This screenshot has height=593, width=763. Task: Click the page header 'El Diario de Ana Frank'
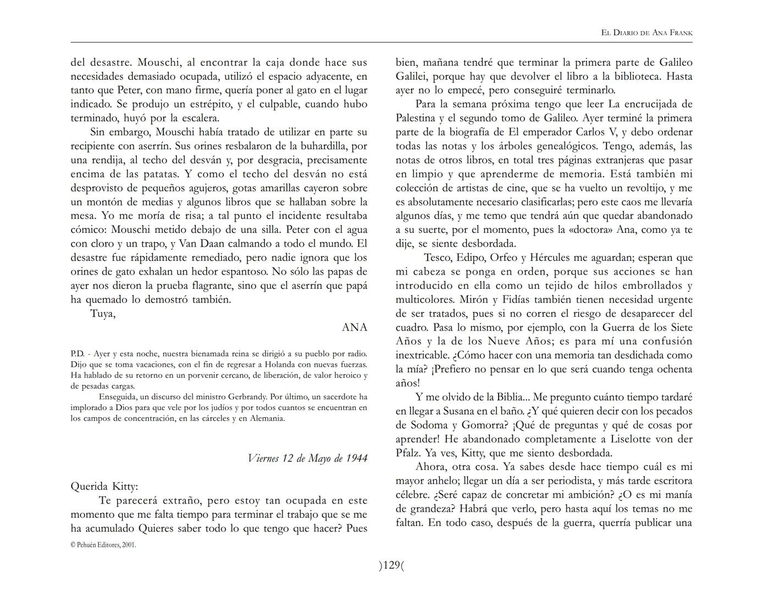coord(646,33)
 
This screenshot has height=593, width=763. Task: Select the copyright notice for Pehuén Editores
coord(103,545)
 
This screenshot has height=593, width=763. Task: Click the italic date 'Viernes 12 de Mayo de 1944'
coord(307,458)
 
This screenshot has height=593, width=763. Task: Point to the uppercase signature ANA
coord(354,328)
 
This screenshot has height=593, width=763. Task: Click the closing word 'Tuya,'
coord(103,314)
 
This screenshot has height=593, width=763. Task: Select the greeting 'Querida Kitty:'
coord(104,486)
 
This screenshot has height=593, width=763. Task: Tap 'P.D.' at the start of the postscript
coord(77,354)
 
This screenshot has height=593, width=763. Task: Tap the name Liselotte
coord(633,439)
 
